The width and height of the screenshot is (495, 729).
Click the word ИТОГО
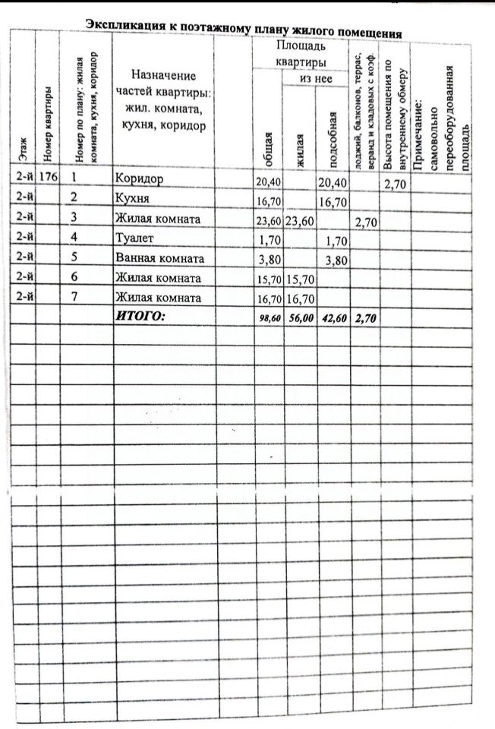139,316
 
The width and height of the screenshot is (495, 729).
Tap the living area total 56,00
300,319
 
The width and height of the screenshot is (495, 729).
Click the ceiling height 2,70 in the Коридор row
396,184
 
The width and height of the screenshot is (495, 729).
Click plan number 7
74,297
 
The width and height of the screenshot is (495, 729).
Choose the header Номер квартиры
47,125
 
